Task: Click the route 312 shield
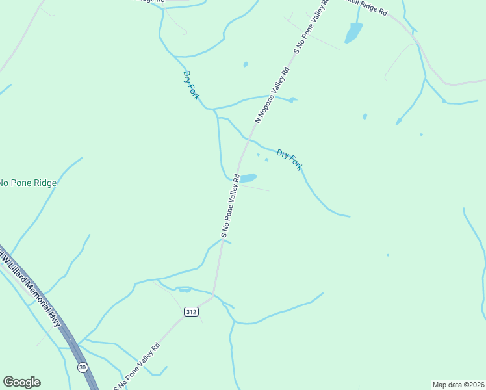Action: (190, 312)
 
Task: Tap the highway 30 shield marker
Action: (83, 367)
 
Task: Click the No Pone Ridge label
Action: (28, 183)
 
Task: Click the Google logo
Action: (21, 382)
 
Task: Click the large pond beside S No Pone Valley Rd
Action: (248, 177)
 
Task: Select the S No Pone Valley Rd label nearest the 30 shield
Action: (137, 366)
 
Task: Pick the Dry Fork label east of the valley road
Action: (289, 160)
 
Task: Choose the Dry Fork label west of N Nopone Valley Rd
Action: (191, 85)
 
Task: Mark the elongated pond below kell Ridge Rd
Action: (353, 32)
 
